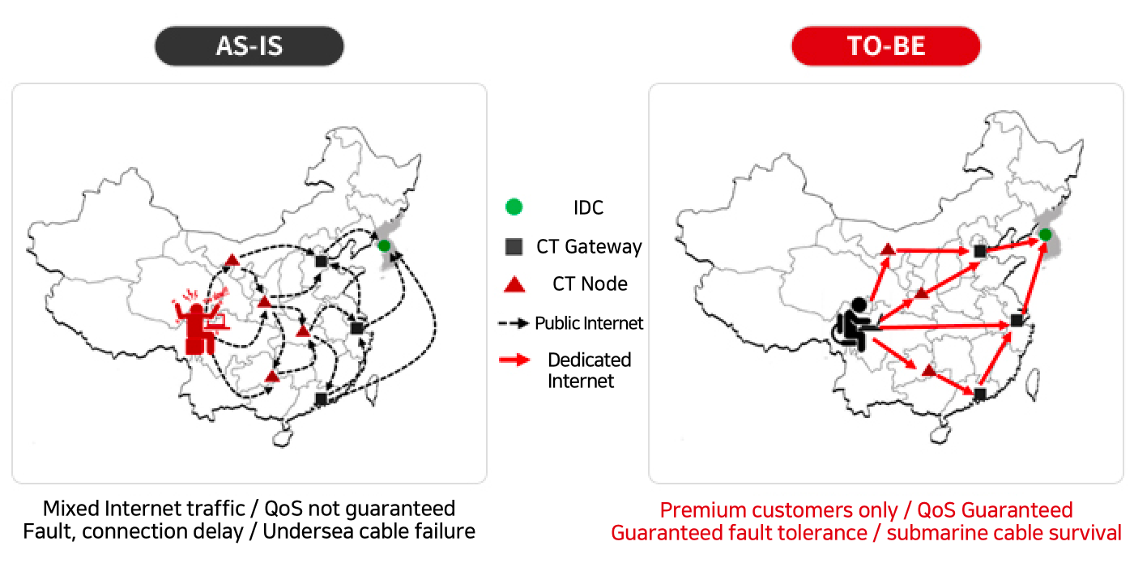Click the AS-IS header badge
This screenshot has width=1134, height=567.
pos(249,46)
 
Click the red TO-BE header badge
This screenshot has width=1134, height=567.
pos(885,46)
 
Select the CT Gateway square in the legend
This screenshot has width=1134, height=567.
pos(512,246)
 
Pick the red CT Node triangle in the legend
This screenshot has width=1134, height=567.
pos(514,284)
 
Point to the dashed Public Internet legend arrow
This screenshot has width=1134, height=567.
pos(513,323)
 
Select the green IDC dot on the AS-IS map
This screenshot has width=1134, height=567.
pos(384,245)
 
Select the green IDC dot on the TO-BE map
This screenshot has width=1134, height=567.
pos(1045,235)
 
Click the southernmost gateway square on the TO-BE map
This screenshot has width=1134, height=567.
pos(980,394)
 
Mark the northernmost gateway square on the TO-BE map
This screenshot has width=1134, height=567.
pos(980,252)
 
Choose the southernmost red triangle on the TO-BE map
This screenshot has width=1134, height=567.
pos(928,371)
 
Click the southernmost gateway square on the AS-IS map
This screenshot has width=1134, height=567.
pos(321,399)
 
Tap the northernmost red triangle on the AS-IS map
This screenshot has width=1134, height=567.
pos(232,260)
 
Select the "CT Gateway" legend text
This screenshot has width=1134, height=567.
pos(589,246)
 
